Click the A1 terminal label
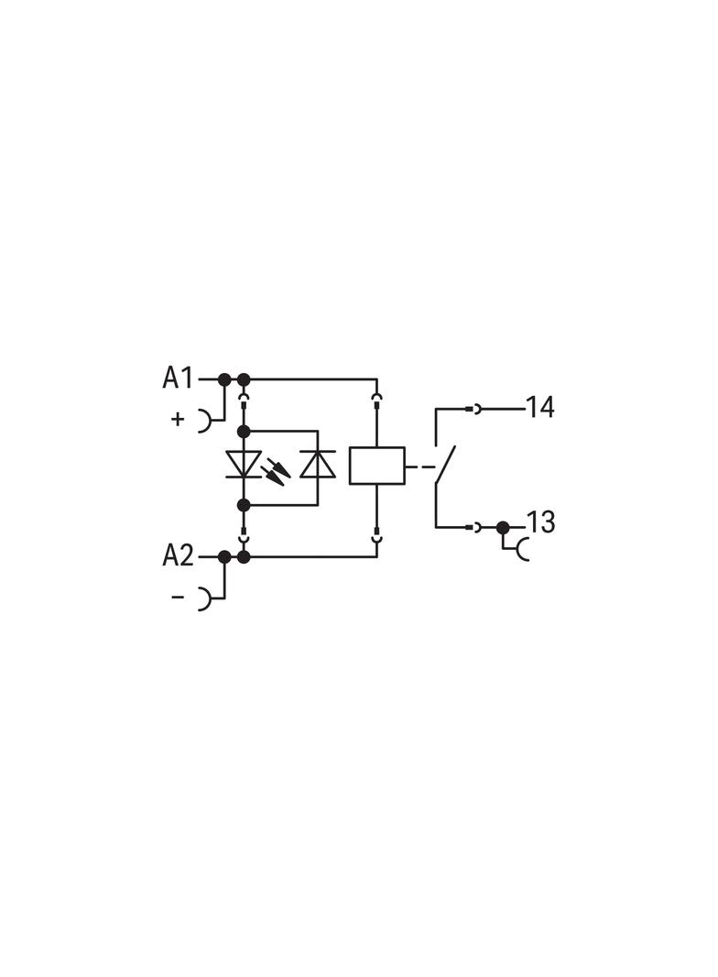178,378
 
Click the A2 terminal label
178,555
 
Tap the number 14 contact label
540,408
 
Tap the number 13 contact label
540,522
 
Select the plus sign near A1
178,419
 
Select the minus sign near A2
178,597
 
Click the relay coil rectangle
376,466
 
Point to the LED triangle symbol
244,465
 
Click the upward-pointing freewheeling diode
318,464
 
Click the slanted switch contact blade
446,465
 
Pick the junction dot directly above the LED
244,431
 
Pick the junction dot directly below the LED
244,505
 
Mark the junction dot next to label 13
502,527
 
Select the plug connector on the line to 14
473,409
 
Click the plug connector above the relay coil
376,400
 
